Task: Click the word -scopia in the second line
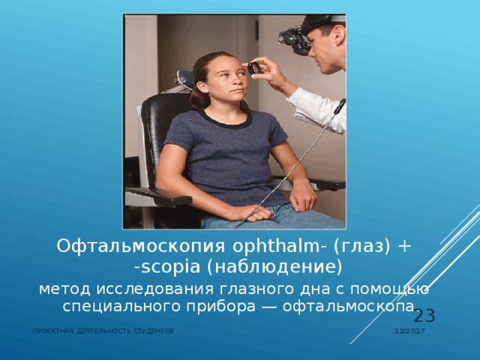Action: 161,267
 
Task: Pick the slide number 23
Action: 424,316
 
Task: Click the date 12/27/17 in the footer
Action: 410,331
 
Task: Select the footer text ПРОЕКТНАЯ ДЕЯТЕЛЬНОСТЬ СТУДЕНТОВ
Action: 103,331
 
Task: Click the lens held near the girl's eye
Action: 255,68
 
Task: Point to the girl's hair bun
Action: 199,97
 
